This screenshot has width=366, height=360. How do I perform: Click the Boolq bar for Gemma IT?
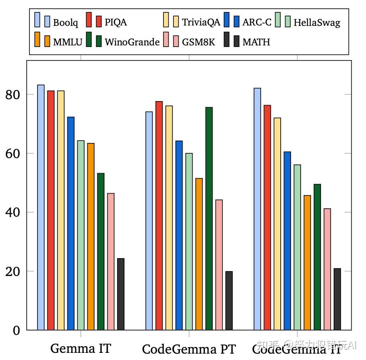pyautogui.click(x=41, y=207)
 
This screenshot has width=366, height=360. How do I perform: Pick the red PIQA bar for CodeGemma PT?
pyautogui.click(x=159, y=215)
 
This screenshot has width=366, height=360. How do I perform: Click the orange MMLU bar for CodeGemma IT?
pyautogui.click(x=307, y=262)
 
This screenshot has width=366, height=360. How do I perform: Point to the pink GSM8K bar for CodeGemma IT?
pyautogui.click(x=327, y=269)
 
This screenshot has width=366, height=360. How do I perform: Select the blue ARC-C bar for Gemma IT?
pyautogui.click(x=71, y=223)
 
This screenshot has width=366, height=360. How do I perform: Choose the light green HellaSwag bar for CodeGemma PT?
pyautogui.click(x=189, y=241)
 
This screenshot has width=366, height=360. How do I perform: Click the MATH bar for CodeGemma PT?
pyautogui.click(x=229, y=300)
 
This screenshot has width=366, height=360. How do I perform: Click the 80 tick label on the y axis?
pyautogui.click(x=14, y=95)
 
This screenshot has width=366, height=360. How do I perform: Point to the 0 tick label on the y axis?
pyautogui.click(x=16, y=331)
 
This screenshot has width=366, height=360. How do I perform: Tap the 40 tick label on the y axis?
pyautogui.click(x=14, y=213)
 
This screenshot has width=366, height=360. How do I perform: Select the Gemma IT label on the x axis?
pyautogui.click(x=81, y=349)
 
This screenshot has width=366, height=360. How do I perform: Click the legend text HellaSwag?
pyautogui.click(x=317, y=23)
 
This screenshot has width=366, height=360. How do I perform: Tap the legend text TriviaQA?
pyautogui.click(x=201, y=22)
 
